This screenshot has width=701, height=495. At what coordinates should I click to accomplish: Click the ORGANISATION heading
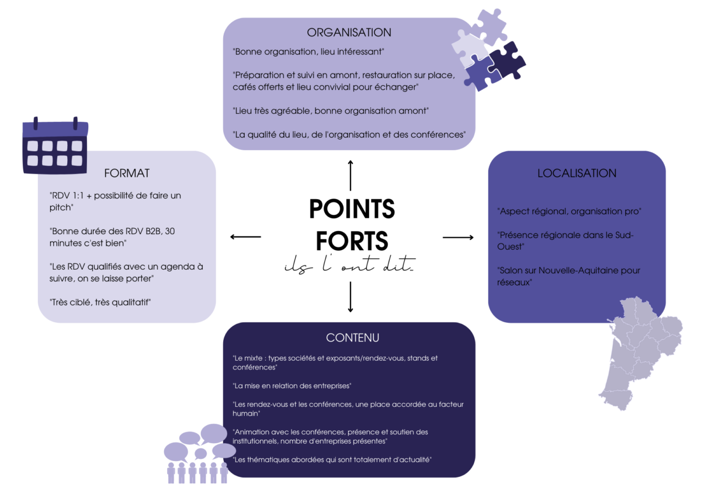[349, 33]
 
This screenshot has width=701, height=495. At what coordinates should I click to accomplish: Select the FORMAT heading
[127, 173]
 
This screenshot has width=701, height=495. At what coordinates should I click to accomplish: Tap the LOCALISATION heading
[577, 173]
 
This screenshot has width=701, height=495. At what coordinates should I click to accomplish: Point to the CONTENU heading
[352, 338]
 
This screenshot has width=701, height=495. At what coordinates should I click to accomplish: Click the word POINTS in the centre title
[352, 209]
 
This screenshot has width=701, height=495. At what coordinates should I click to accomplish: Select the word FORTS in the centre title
[352, 240]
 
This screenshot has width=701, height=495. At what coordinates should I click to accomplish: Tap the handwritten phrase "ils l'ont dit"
[350, 264]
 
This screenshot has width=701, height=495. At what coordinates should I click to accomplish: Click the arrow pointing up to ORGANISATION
[350, 176]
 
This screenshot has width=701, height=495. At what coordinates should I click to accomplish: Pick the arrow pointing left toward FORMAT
[246, 237]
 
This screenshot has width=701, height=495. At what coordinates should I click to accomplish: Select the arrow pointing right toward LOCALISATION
[458, 238]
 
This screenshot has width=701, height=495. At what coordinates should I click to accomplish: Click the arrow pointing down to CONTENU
[350, 297]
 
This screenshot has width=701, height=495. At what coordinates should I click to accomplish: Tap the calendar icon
[55, 145]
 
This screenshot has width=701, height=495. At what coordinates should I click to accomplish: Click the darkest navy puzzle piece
[507, 61]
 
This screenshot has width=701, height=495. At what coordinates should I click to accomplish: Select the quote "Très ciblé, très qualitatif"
[100, 302]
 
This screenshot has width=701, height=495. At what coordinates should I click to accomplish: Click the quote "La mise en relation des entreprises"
[292, 386]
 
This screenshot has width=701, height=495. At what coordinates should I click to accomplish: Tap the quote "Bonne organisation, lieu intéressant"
[308, 51]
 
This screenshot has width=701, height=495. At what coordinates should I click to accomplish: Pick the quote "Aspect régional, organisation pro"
[569, 211]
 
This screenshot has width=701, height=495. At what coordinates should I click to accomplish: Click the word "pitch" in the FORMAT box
[61, 208]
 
